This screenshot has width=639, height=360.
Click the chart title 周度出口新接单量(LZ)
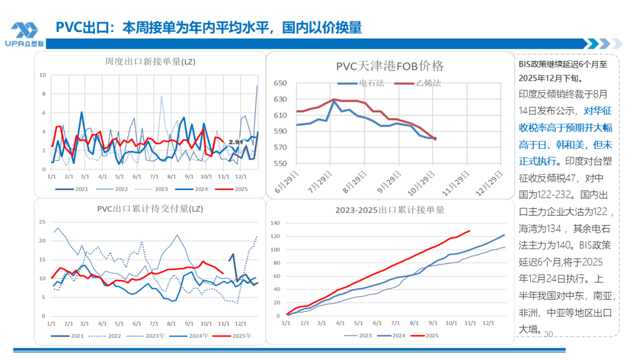tap(150, 61)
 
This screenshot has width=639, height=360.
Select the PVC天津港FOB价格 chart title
tap(390, 66)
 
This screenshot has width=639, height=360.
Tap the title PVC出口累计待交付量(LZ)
tap(150, 208)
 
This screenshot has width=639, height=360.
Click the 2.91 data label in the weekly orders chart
tap(236, 142)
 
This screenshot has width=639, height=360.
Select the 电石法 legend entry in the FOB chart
tap(371, 83)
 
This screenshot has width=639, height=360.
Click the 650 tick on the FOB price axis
tap(280, 83)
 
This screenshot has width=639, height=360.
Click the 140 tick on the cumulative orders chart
tap(274, 223)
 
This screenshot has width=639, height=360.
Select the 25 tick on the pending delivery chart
tap(42, 222)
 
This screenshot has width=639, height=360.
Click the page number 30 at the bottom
tap(547, 334)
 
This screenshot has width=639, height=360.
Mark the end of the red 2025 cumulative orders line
tap(470, 231)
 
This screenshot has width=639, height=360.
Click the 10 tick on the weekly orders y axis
tap(43, 75)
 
